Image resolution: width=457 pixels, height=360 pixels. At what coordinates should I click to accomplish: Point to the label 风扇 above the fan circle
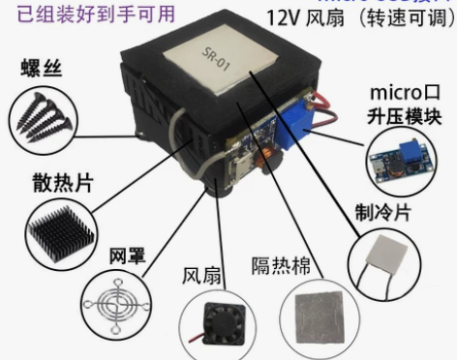pos(201,275)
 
